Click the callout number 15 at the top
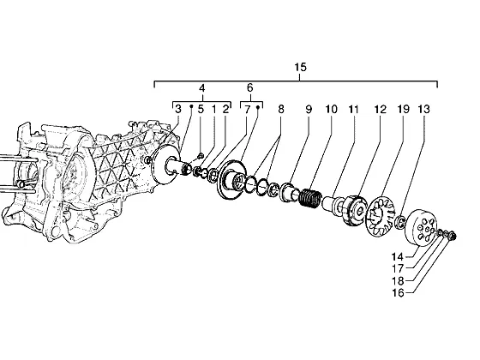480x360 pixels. tap(300, 67)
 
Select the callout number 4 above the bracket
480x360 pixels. tap(201, 88)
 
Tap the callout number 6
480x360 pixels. tap(250, 87)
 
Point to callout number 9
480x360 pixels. tap(309, 109)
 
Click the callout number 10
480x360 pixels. tap(331, 109)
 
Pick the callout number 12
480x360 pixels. tap(381, 109)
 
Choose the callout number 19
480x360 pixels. tap(403, 109)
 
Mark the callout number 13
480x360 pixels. tap(424, 109)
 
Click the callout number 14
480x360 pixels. tap(398, 256)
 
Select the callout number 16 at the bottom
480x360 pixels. tap(398, 293)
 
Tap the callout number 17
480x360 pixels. tap(398, 269)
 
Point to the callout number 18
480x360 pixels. tap(398, 281)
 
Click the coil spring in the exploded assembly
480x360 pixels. tap(309, 198)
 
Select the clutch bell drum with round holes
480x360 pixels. tap(421, 227)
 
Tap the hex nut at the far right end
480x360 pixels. tap(453, 236)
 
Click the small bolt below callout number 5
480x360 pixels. tap(201, 156)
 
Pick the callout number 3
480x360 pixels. tap(178, 109)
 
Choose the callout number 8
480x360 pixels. tap(281, 109)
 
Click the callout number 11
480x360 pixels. tap(353, 109)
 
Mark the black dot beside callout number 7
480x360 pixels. tap(258, 107)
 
